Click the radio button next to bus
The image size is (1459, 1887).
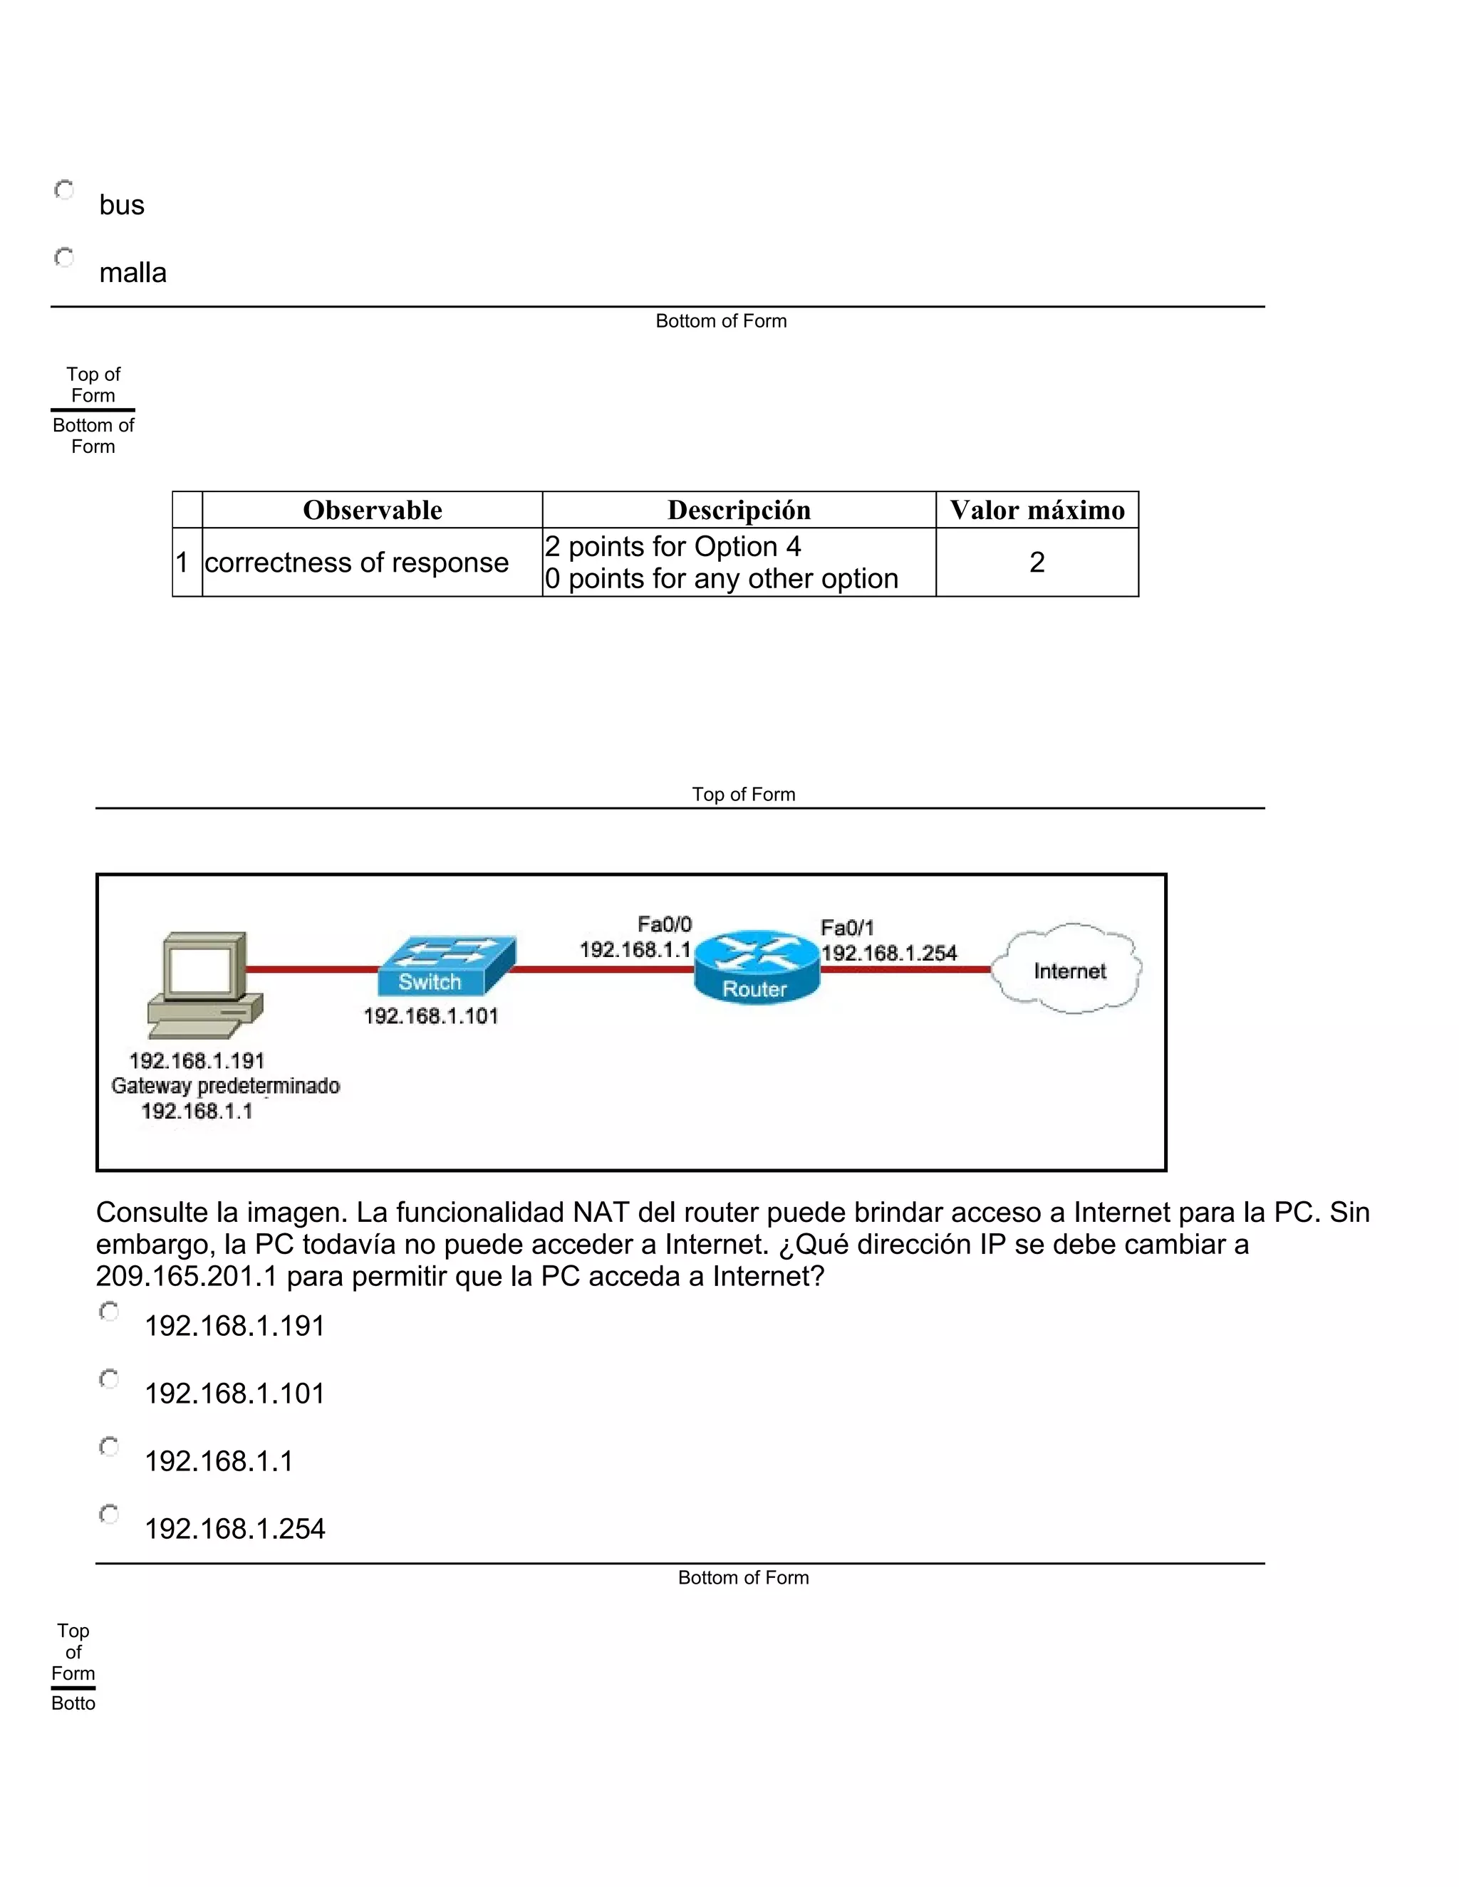(x=65, y=190)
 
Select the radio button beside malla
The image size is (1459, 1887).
(x=65, y=258)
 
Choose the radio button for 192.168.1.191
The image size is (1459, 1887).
(x=110, y=1312)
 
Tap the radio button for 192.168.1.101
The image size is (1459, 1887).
(x=110, y=1379)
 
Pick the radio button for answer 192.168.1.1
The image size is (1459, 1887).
(x=110, y=1446)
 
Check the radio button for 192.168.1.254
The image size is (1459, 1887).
(x=110, y=1514)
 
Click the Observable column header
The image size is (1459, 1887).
(x=373, y=510)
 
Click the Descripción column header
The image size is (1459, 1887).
(x=739, y=510)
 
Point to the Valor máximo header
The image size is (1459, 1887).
(x=1037, y=510)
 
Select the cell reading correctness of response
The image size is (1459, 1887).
(x=356, y=563)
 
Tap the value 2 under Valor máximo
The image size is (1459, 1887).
(x=1037, y=563)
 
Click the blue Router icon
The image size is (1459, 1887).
(x=757, y=968)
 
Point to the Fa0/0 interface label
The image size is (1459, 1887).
(x=665, y=924)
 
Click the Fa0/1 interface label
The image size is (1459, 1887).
(x=847, y=928)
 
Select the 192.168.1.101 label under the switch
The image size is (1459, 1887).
(x=430, y=1016)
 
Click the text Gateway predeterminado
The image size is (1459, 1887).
(x=226, y=1086)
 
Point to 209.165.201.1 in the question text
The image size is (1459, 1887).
(x=187, y=1276)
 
